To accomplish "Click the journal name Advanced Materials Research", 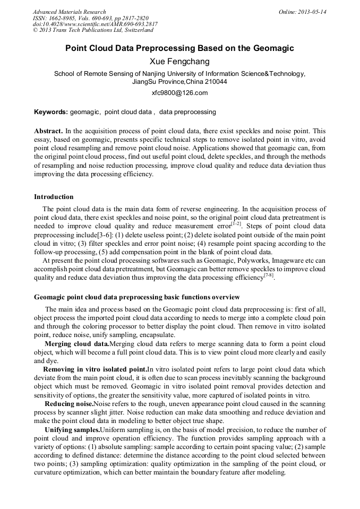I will (x=69, y=12).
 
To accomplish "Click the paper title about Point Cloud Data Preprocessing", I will (x=179, y=48).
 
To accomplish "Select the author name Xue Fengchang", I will (x=179, y=62).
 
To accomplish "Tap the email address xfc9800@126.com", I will (x=179, y=93).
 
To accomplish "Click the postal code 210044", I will (x=215, y=82).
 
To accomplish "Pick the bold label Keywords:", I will (x=50, y=112).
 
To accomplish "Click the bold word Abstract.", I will (x=48, y=131).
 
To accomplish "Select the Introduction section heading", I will (x=54, y=197).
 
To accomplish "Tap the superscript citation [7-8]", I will (x=269, y=275).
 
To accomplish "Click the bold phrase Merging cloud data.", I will (x=76, y=344).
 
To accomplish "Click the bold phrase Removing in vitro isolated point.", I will (x=95, y=369).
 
